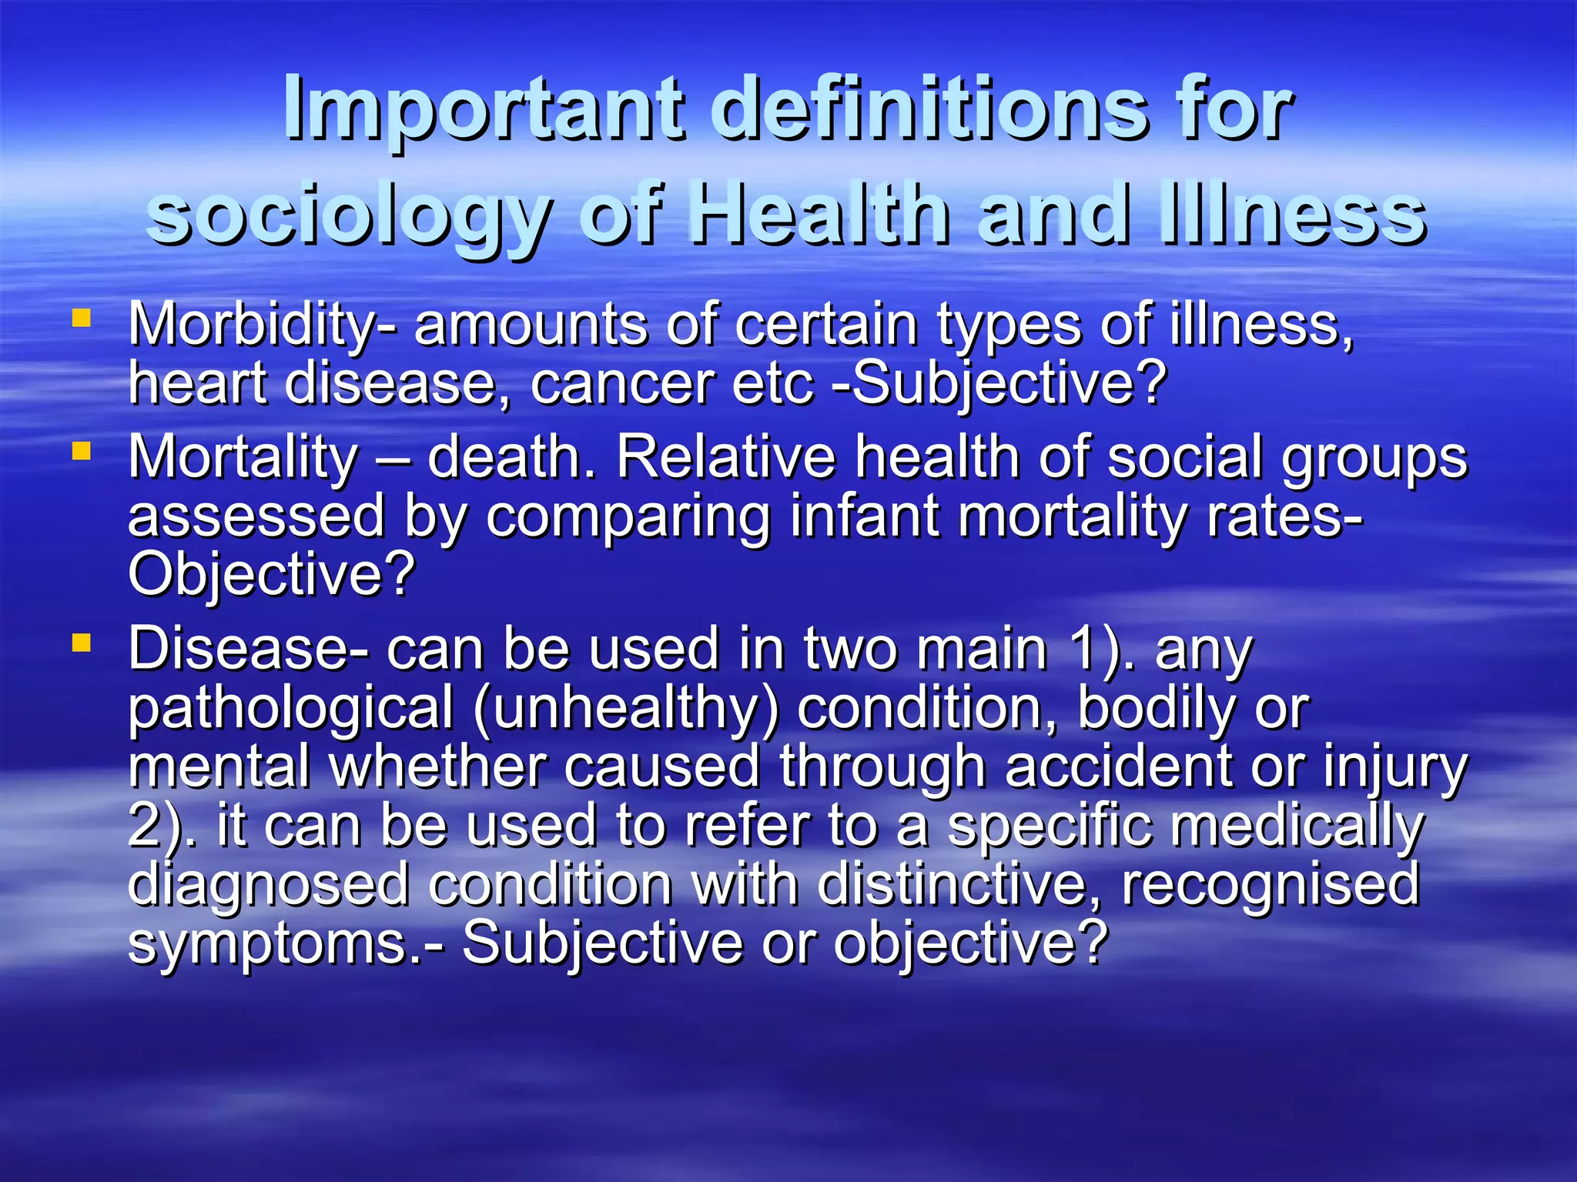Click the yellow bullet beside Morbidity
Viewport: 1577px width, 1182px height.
click(x=81, y=318)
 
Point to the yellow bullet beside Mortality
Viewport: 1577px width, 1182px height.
click(x=81, y=450)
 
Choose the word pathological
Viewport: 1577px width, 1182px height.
click(x=291, y=708)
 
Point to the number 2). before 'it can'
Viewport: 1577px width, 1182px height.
click(x=161, y=825)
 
